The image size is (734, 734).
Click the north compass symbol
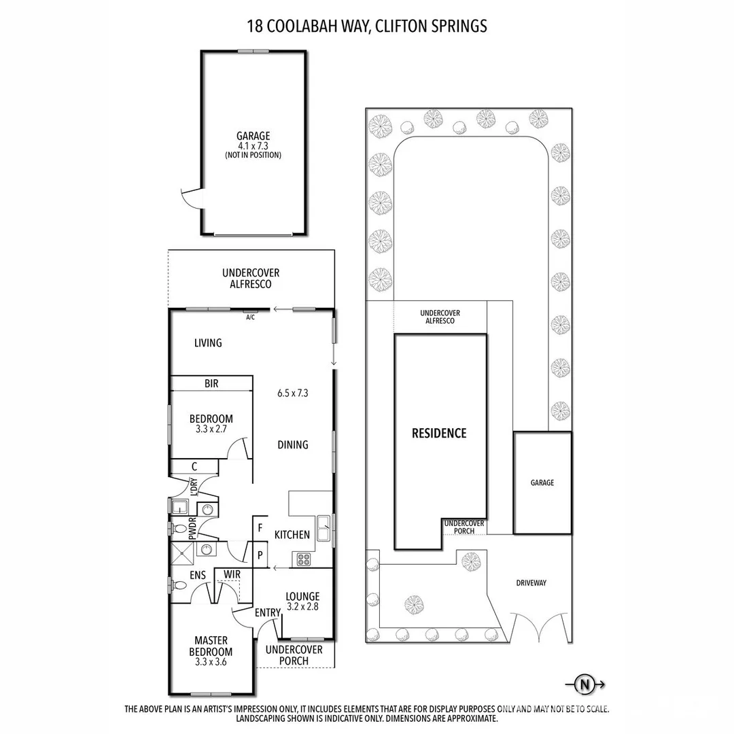point(583,685)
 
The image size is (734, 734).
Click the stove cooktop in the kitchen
point(302,560)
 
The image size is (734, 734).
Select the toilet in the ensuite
point(180,585)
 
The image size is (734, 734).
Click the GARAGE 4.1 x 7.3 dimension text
point(253,145)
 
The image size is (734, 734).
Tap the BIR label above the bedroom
point(211,384)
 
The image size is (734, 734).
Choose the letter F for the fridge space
point(260,527)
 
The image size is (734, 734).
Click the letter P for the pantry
point(260,555)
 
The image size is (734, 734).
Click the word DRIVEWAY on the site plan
point(531,582)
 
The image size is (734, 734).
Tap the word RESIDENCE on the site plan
point(439,433)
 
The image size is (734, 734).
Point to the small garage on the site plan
point(542,483)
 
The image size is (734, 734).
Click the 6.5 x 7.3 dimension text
point(293,393)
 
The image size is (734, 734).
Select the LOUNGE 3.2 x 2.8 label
point(302,601)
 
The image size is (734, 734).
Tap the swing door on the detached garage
point(190,199)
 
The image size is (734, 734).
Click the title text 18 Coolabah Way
point(367,27)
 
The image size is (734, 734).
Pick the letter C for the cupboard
point(194,466)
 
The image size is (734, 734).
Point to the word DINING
point(293,444)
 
